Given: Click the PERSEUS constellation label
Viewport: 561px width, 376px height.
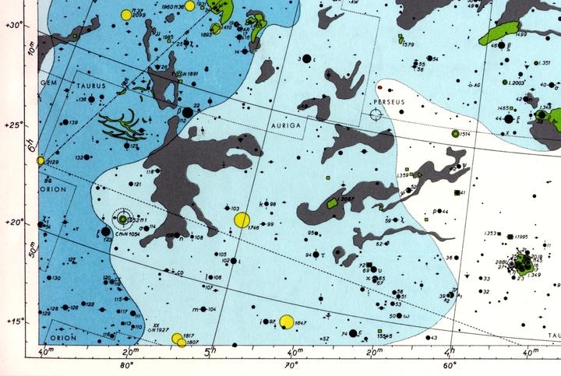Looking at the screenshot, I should coord(390,103).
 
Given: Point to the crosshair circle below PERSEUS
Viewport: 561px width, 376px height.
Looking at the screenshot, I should coord(376,115).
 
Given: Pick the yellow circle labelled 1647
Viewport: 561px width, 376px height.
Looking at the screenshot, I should coord(286,322).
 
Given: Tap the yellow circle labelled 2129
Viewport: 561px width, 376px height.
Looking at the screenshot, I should coord(41,160).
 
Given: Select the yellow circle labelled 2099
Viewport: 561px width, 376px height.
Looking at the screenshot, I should coord(126,14).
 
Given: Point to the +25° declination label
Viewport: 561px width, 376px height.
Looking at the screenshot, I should coord(14,123).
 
